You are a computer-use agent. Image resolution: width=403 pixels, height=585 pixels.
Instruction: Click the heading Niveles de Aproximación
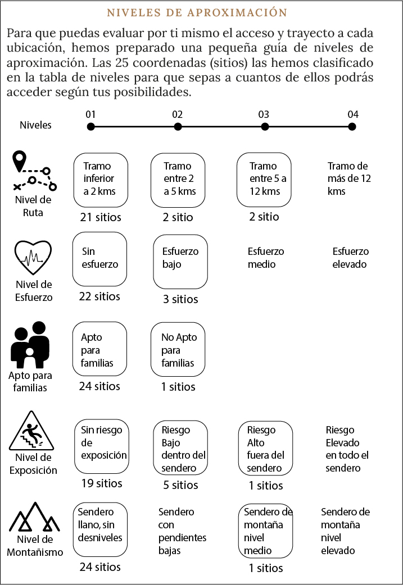tap(197, 12)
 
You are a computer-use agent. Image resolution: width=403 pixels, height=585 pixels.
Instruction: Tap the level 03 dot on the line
tap(265, 127)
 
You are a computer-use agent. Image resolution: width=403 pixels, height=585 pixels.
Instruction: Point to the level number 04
tap(353, 115)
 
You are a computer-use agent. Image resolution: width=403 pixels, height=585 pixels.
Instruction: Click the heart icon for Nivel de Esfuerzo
tap(33, 258)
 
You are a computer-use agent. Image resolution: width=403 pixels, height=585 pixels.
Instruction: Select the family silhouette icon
tap(30, 345)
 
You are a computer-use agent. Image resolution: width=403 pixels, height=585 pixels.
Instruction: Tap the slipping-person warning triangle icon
tap(31, 431)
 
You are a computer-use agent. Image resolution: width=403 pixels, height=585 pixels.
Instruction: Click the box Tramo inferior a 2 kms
tap(101, 180)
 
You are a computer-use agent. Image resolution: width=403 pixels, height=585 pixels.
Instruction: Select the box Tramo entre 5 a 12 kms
tap(264, 180)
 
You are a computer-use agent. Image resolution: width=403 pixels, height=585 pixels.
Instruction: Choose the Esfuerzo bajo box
tap(180, 262)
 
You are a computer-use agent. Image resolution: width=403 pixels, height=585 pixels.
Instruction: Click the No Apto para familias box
tap(178, 349)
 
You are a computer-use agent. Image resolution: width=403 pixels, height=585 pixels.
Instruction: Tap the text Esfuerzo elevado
tap(350, 258)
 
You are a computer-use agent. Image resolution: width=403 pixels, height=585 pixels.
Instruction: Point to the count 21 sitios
tap(101, 217)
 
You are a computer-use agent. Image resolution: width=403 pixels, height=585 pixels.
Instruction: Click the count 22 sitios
tap(99, 296)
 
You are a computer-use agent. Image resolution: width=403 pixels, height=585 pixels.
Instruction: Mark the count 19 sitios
tap(102, 483)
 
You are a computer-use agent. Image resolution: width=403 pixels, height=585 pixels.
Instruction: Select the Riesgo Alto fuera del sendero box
tap(265, 449)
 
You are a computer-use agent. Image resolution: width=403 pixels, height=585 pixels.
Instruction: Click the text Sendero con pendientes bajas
tap(182, 531)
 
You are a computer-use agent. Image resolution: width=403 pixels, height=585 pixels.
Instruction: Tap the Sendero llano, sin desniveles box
tap(100, 530)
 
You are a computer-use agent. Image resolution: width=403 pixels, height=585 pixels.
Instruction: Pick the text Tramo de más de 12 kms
tap(349, 179)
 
